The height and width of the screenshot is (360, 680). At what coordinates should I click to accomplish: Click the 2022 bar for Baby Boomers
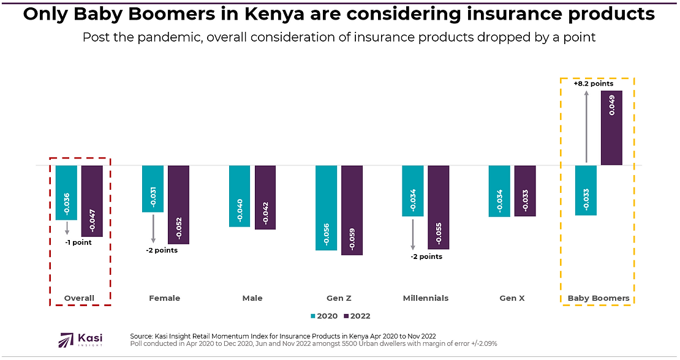(x=611, y=128)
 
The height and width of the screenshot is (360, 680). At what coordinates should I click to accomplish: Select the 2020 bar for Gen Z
(x=326, y=208)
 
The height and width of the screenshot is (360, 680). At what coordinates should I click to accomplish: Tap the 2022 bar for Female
(x=178, y=204)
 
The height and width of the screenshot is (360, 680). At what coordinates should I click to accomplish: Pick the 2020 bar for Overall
(x=66, y=192)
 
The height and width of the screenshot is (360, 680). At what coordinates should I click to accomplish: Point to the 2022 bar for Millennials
(x=438, y=207)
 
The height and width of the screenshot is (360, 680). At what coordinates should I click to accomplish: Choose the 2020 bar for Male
(x=240, y=196)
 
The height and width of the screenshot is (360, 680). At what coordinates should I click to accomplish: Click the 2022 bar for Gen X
(x=525, y=190)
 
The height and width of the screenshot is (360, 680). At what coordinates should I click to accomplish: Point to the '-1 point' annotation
(x=78, y=242)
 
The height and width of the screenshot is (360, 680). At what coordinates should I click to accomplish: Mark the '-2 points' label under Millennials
(x=426, y=257)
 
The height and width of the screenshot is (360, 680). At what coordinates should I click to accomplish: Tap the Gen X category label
(x=512, y=298)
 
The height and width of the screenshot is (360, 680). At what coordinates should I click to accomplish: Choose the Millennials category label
(x=426, y=298)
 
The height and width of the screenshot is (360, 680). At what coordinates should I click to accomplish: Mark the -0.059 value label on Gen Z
(x=352, y=238)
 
